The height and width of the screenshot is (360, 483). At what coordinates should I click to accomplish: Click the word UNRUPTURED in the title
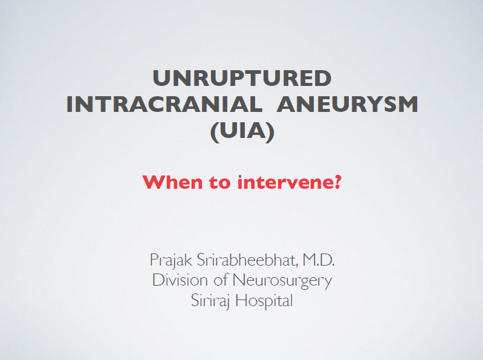point(242,78)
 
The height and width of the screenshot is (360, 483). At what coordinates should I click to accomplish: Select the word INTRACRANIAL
point(164,105)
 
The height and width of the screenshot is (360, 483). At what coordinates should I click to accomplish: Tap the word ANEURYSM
point(347,105)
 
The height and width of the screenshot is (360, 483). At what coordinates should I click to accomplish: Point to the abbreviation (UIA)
point(242,133)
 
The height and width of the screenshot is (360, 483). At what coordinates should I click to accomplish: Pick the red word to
point(220,182)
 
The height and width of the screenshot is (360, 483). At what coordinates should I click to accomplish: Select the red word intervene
point(285,182)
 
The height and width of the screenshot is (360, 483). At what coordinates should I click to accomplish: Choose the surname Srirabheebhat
point(247,260)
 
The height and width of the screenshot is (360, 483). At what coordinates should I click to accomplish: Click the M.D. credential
point(319,260)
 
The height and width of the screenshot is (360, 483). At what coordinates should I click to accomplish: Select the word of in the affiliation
point(221,280)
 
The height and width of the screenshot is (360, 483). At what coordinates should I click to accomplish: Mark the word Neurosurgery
point(282,281)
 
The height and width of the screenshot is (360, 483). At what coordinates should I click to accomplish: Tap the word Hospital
point(264,301)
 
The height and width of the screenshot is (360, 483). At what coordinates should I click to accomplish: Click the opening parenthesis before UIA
point(215,133)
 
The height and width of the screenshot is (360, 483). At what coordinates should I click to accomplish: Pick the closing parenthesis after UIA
point(270,133)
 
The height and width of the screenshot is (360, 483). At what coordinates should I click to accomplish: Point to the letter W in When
point(154,182)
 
